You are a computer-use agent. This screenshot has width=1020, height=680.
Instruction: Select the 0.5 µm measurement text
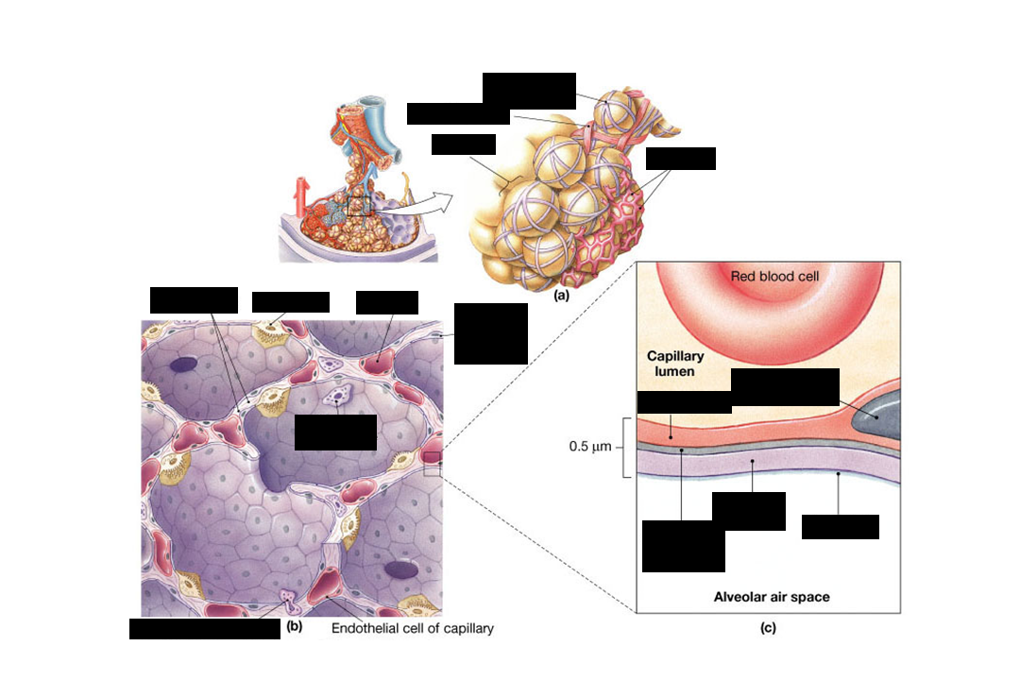[x=591, y=446]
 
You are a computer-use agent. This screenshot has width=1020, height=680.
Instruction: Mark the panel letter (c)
[x=767, y=627]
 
